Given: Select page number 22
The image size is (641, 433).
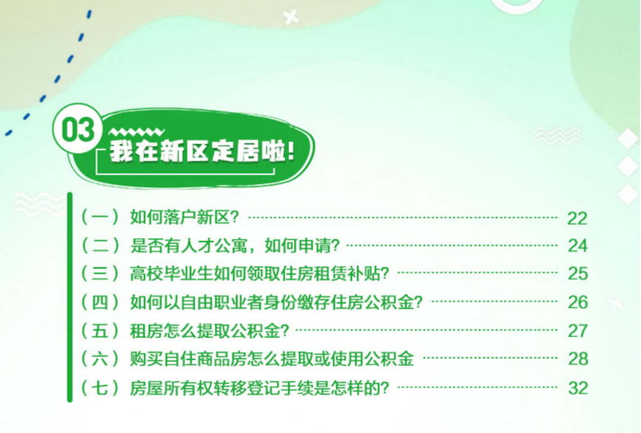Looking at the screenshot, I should (577, 218).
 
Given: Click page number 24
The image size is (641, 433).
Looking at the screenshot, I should (577, 246).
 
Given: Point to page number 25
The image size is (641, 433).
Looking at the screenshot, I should (577, 273).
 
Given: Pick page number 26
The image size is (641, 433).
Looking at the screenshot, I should (577, 302).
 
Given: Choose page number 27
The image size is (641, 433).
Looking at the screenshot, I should (577, 330).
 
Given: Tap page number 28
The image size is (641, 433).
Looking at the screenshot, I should (577, 359).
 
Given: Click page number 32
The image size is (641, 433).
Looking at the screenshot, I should (577, 388).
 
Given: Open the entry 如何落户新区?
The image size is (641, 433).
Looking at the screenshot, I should (185, 217).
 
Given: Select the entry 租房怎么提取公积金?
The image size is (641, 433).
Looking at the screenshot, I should (210, 330).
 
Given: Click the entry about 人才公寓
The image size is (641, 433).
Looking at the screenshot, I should (234, 245).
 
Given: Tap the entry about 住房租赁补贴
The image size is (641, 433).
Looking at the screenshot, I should (260, 273).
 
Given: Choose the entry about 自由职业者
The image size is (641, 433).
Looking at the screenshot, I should (276, 302).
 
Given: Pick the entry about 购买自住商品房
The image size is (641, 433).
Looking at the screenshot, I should (272, 358).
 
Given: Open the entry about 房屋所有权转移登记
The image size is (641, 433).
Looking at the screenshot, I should (259, 388).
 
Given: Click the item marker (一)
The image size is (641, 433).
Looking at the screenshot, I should (99, 217).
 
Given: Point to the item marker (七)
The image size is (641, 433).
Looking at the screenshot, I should (99, 388).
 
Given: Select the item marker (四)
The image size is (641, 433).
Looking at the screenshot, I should (99, 302).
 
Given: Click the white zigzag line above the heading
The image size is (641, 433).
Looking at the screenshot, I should (136, 132).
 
